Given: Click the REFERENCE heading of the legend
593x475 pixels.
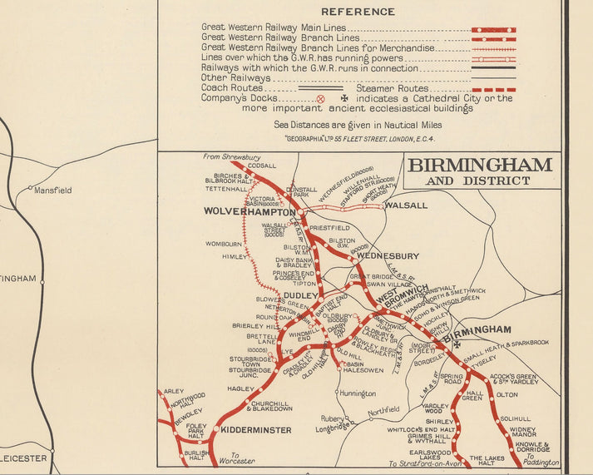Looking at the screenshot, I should click(358, 12).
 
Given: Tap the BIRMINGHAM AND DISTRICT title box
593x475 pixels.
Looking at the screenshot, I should click(480, 171).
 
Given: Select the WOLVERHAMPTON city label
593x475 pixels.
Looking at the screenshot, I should click(249, 212).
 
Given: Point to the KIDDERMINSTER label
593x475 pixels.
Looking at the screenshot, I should click(255, 430).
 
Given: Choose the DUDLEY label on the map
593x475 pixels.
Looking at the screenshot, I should click(300, 294).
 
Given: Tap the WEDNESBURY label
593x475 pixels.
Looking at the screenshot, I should click(390, 255).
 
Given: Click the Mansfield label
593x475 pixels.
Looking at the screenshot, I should click(52, 190).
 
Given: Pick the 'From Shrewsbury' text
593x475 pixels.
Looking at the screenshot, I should click(231, 157).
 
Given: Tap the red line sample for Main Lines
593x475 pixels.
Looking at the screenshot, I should click(493, 29).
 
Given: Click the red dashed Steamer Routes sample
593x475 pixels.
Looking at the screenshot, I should click(493, 89).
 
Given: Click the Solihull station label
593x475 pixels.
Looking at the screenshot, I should click(515, 418).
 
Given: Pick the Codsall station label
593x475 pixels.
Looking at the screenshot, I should click(262, 166).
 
